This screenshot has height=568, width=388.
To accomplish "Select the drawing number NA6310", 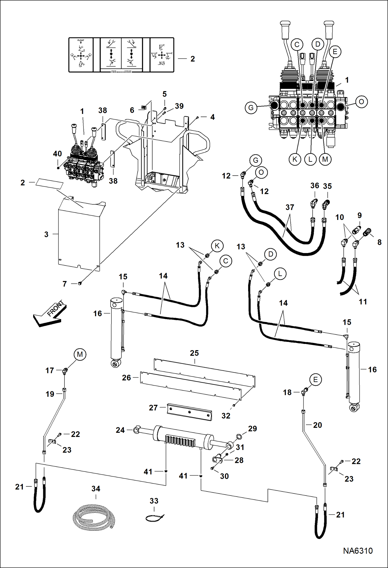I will tap(358, 551).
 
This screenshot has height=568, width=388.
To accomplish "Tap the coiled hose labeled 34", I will tap(94, 517).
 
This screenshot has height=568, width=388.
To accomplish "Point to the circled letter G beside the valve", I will tap(251, 108).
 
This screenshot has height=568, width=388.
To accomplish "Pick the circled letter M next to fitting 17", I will tap(80, 354).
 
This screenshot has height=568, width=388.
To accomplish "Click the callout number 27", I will tap(153, 408).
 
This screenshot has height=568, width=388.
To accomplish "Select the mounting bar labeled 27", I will tap(189, 412).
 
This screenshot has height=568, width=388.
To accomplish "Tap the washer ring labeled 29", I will tap(239, 437).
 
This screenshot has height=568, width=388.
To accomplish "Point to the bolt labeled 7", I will tap(80, 283).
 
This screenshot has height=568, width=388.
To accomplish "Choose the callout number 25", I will tap(194, 353).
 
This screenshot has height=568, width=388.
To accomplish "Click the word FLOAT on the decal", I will tap(81, 40).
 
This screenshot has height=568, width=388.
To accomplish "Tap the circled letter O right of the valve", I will tap(361, 102).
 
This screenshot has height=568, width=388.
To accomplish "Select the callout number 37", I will tap(290, 207).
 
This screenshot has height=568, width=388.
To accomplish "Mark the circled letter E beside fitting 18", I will tap(315, 380).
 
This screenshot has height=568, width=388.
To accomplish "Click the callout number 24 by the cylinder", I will tap(120, 430).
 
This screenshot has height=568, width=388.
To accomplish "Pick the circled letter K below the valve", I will tap(295, 159).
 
